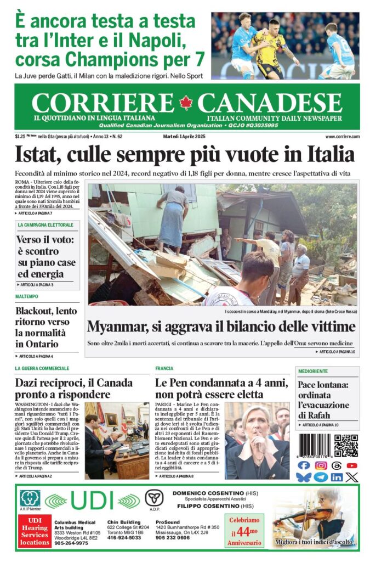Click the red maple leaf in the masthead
coord(186,103)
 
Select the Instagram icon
coord(321,465)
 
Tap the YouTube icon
coord(352,465)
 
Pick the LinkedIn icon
coord(337,477)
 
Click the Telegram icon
coord(321,477)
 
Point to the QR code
coord(346,445)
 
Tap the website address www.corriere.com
coord(342,136)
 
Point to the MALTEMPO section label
coord(27,296)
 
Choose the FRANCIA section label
coord(164,368)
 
